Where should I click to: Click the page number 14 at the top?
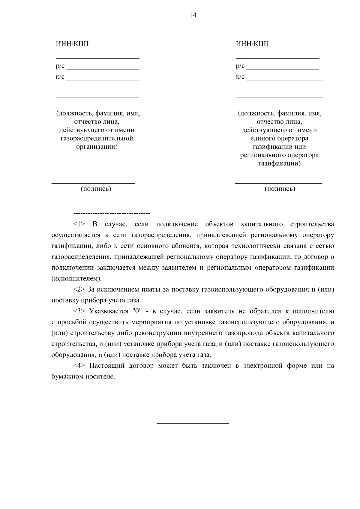[x=193, y=16]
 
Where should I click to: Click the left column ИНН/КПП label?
[x=72, y=44]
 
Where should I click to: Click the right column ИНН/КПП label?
[x=252, y=44]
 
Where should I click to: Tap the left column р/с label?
[x=60, y=66]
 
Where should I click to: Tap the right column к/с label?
[x=240, y=77]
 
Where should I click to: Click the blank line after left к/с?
[x=103, y=79]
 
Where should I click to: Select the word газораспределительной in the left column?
[x=97, y=139]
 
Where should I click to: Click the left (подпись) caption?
[x=96, y=189]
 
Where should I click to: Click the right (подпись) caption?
[x=280, y=189]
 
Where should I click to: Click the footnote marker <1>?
[x=79, y=224]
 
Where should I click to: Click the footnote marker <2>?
[x=79, y=290]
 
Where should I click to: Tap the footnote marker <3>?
[x=79, y=311]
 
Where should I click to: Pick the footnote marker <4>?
[x=79, y=366]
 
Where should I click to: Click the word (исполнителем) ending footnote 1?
[x=76, y=279]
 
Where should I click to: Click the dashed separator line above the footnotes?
[x=112, y=214]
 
